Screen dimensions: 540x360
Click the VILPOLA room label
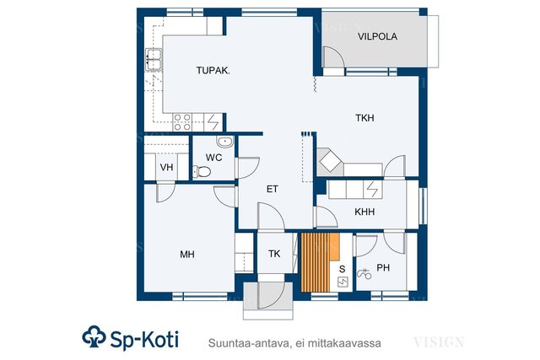[377, 36]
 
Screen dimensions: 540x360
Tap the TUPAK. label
[213, 71]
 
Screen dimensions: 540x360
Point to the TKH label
[364, 118]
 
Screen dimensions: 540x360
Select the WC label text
[213, 158]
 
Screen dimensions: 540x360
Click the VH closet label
[166, 168]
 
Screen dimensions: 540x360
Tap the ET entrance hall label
[272, 189]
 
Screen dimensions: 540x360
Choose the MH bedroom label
[187, 255]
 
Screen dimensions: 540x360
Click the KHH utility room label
[364, 212]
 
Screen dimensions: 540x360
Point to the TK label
[274, 254]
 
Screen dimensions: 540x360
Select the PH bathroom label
[383, 267]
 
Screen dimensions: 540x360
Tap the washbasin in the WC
[225, 142]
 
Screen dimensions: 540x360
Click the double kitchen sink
[154, 60]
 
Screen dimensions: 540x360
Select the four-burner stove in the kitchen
[182, 122]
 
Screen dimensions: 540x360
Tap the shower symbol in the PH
[364, 274]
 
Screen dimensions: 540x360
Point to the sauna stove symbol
[343, 282]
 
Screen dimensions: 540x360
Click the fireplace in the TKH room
[330, 161]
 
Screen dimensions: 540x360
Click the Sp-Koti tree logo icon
[94, 336]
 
